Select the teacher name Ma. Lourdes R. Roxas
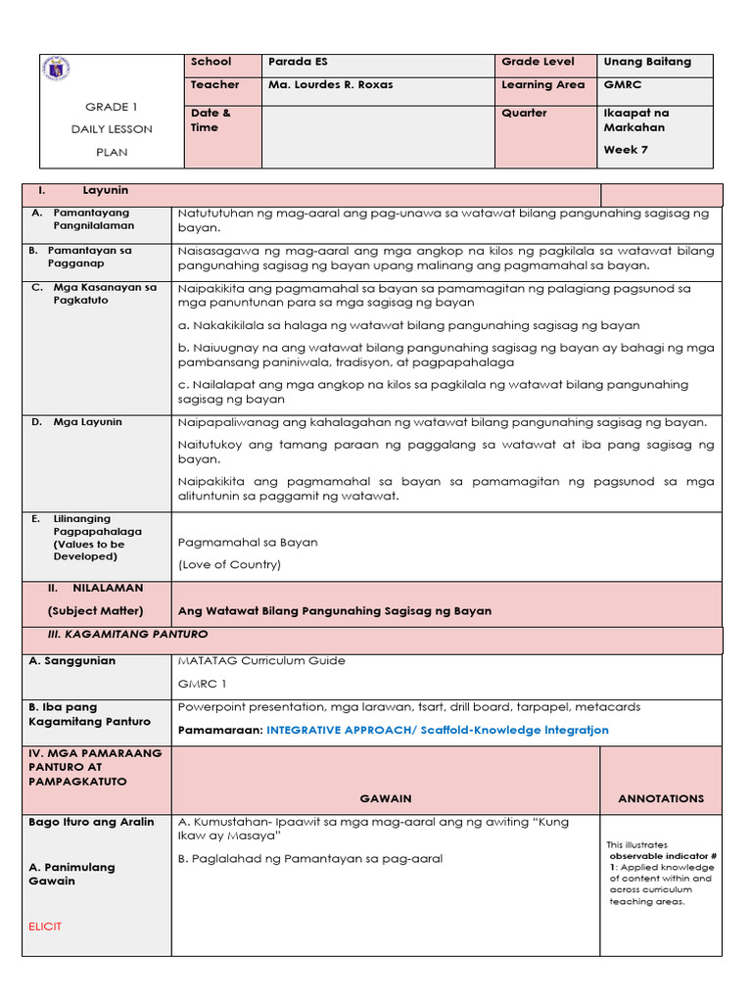tap(330, 85)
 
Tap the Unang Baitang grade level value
tap(646, 62)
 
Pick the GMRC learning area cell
tap(622, 85)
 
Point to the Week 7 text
tap(626, 150)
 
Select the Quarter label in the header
tap(524, 114)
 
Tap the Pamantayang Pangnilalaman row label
tap(93, 218)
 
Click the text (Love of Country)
tap(229, 564)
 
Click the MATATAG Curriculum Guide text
tap(261, 661)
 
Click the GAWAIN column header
tap(385, 799)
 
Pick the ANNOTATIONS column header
tap(660, 799)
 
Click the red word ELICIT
tap(45, 926)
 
